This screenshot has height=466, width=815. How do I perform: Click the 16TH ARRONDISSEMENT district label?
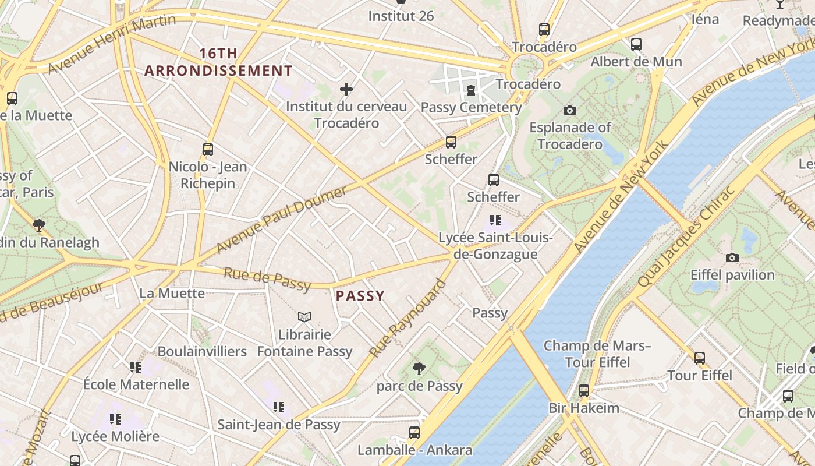(x=218, y=62)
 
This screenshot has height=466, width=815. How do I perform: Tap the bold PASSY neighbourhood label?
(x=360, y=296)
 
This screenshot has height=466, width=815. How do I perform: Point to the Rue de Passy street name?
(x=267, y=278)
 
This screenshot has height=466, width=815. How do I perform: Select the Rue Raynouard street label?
(x=408, y=319)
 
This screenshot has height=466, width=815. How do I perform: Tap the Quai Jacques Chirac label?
(x=688, y=237)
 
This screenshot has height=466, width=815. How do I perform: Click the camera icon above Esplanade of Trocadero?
(x=570, y=110)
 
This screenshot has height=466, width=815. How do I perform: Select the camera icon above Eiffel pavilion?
(x=732, y=257)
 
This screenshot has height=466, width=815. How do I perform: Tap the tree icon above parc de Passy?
(x=419, y=368)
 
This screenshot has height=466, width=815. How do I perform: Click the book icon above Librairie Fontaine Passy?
(x=304, y=317)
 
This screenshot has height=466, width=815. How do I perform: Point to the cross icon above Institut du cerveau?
(x=346, y=89)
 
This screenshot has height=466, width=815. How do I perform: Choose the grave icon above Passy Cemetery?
(x=470, y=90)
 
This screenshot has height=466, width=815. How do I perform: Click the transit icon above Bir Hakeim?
(x=584, y=391)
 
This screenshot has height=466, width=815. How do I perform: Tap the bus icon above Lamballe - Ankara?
(x=414, y=433)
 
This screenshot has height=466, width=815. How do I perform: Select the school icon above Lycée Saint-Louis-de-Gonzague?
(x=495, y=220)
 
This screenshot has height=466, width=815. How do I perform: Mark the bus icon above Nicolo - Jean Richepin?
(x=208, y=150)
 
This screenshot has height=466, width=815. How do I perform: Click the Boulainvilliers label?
(x=202, y=352)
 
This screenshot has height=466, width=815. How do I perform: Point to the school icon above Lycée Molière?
(x=115, y=419)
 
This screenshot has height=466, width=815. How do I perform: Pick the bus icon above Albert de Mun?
(x=636, y=44)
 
